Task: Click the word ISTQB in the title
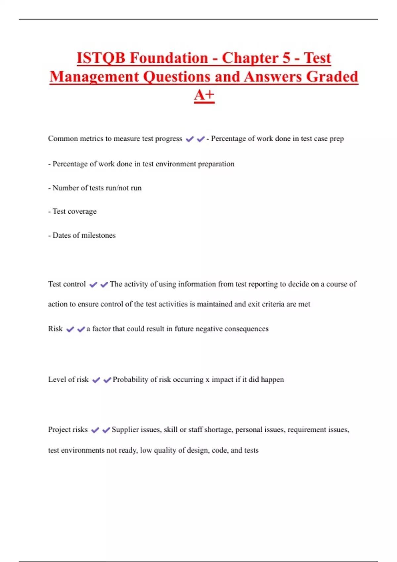101,58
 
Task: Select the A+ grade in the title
204,95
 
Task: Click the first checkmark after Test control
93,285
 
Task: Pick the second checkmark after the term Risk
81,329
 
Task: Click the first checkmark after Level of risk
96,380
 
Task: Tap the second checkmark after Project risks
106,430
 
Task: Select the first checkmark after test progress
190,139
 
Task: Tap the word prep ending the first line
336,139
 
